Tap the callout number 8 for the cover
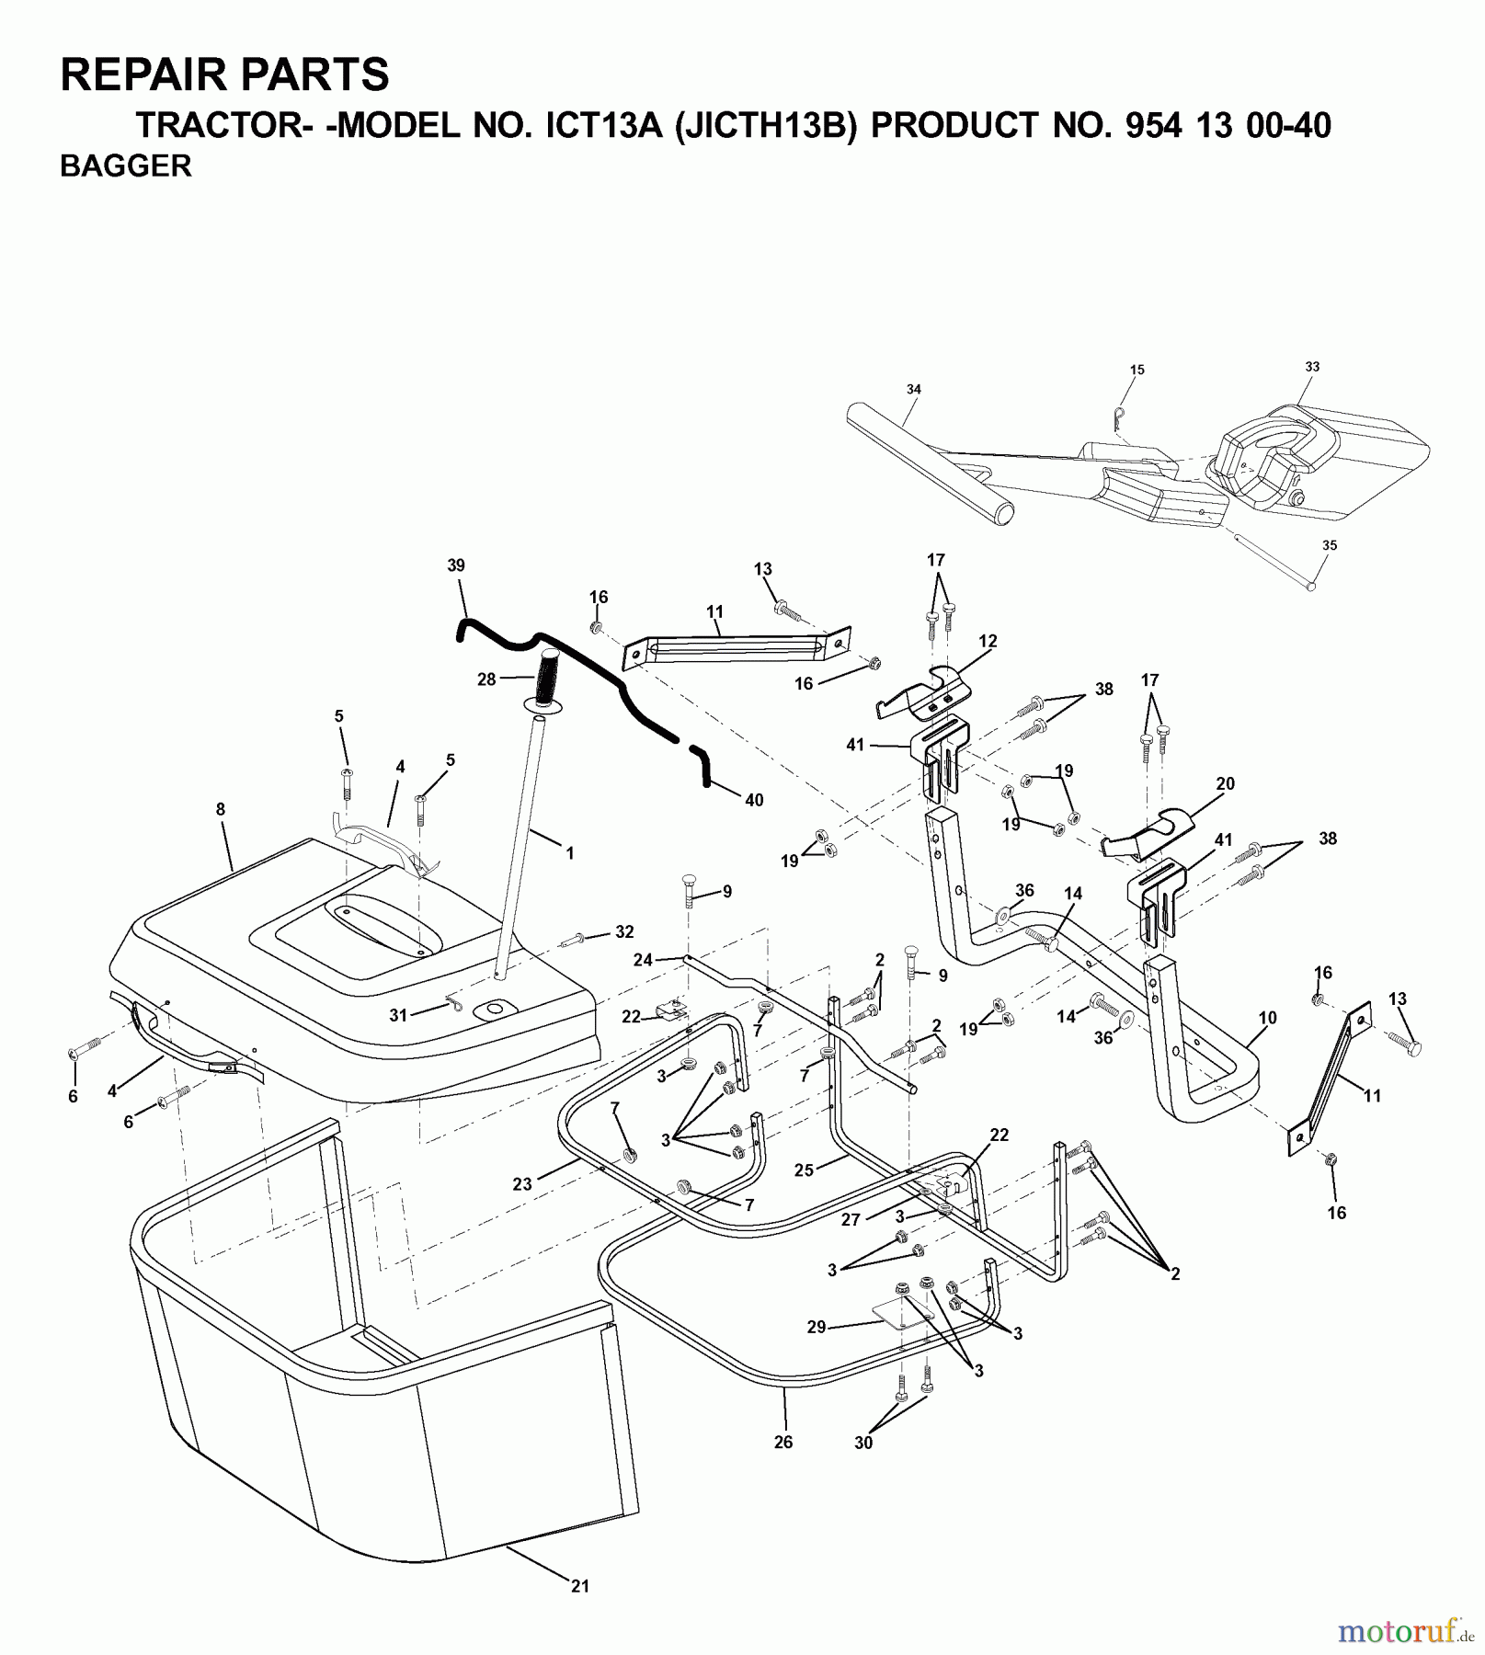point(220,809)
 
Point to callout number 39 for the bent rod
point(456,565)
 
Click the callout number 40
point(754,800)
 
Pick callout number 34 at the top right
point(913,389)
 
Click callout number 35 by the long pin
point(1330,545)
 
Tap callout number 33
point(1312,366)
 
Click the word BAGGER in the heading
point(125,165)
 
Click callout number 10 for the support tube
point(1267,1018)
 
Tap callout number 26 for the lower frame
point(782,1443)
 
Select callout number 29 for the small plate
point(817,1327)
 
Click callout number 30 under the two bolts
point(862,1444)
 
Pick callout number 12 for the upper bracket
point(988,641)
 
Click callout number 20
point(1225,783)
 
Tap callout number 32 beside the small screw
point(624,931)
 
